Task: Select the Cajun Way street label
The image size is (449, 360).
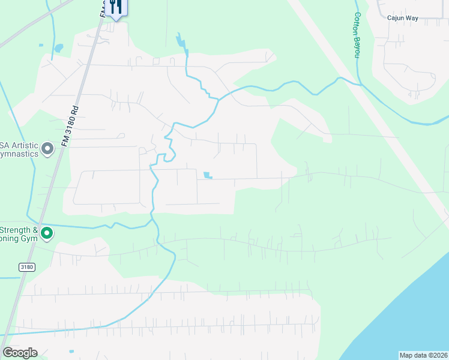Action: click(x=402, y=18)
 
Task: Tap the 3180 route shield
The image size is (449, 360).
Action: click(x=26, y=268)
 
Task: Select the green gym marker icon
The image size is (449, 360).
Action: click(x=46, y=233)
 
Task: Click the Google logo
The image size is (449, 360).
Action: click(x=20, y=353)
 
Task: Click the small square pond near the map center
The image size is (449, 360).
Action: click(x=208, y=175)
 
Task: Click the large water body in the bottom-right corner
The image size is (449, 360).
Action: click(x=408, y=312)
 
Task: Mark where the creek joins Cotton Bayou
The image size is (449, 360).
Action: click(x=360, y=85)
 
